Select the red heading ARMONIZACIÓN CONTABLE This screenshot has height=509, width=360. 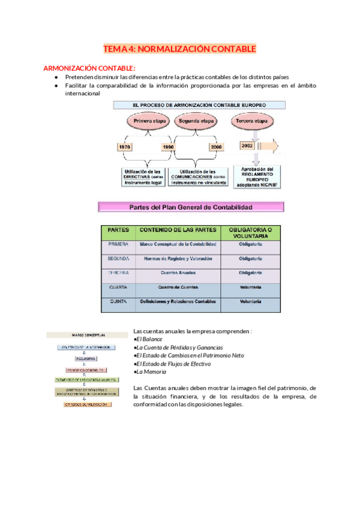pyautogui.click(x=90, y=68)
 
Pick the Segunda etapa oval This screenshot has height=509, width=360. pyautogui.click(x=195, y=121)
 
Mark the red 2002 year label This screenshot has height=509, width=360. pyautogui.click(x=247, y=146)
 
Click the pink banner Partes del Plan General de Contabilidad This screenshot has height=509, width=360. pyautogui.click(x=191, y=207)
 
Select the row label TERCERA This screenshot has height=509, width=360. pyautogui.click(x=118, y=273)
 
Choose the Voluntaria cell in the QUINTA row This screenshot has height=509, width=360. pyautogui.click(x=250, y=301)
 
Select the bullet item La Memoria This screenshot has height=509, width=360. pyautogui.click(x=150, y=372)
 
